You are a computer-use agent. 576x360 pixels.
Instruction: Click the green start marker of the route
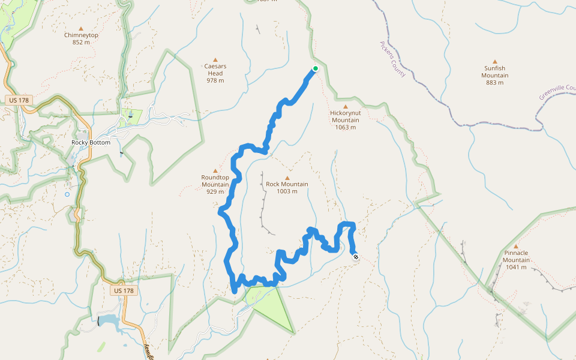[x=315, y=68]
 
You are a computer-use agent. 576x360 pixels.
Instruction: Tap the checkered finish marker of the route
[x=356, y=257]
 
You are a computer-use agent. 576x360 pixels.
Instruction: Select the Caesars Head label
[x=215, y=70]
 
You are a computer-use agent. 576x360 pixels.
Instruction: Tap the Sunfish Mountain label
[x=495, y=72]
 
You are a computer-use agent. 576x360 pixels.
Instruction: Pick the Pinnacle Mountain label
[x=516, y=256]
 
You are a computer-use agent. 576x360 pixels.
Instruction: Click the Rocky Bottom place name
[x=91, y=142]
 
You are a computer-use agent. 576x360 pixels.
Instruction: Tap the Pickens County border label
[x=392, y=59]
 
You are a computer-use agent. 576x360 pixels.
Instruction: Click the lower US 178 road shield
[x=124, y=290]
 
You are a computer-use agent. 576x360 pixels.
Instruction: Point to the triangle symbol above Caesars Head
[x=215, y=60]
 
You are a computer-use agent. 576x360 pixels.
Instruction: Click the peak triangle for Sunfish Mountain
[x=495, y=61]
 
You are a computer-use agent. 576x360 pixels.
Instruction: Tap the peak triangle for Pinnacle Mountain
[x=516, y=246]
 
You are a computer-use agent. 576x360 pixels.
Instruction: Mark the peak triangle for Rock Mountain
[x=287, y=178]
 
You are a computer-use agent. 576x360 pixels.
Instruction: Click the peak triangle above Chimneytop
[x=81, y=28]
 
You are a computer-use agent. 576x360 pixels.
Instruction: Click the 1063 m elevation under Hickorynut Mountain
[x=345, y=127]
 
